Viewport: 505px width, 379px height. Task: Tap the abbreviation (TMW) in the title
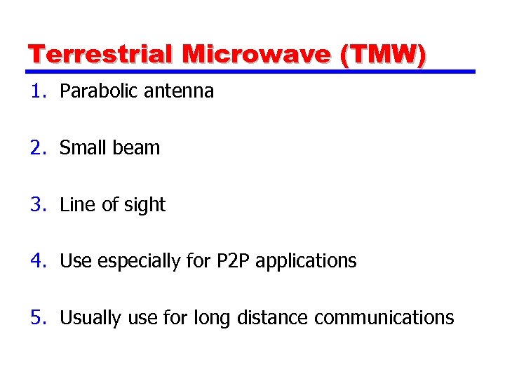[382, 55]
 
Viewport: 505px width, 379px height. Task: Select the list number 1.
[36, 91]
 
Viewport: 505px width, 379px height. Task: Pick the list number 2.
[36, 148]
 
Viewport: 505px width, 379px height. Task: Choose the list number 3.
[36, 205]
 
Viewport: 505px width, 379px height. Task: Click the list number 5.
[36, 318]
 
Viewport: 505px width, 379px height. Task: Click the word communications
[384, 318]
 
